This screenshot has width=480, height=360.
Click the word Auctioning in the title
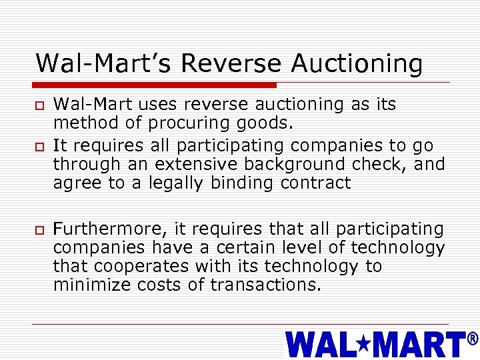pos(357,64)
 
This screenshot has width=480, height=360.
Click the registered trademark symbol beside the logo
pos(472,339)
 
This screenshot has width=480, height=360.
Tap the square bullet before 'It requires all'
pos(40,146)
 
